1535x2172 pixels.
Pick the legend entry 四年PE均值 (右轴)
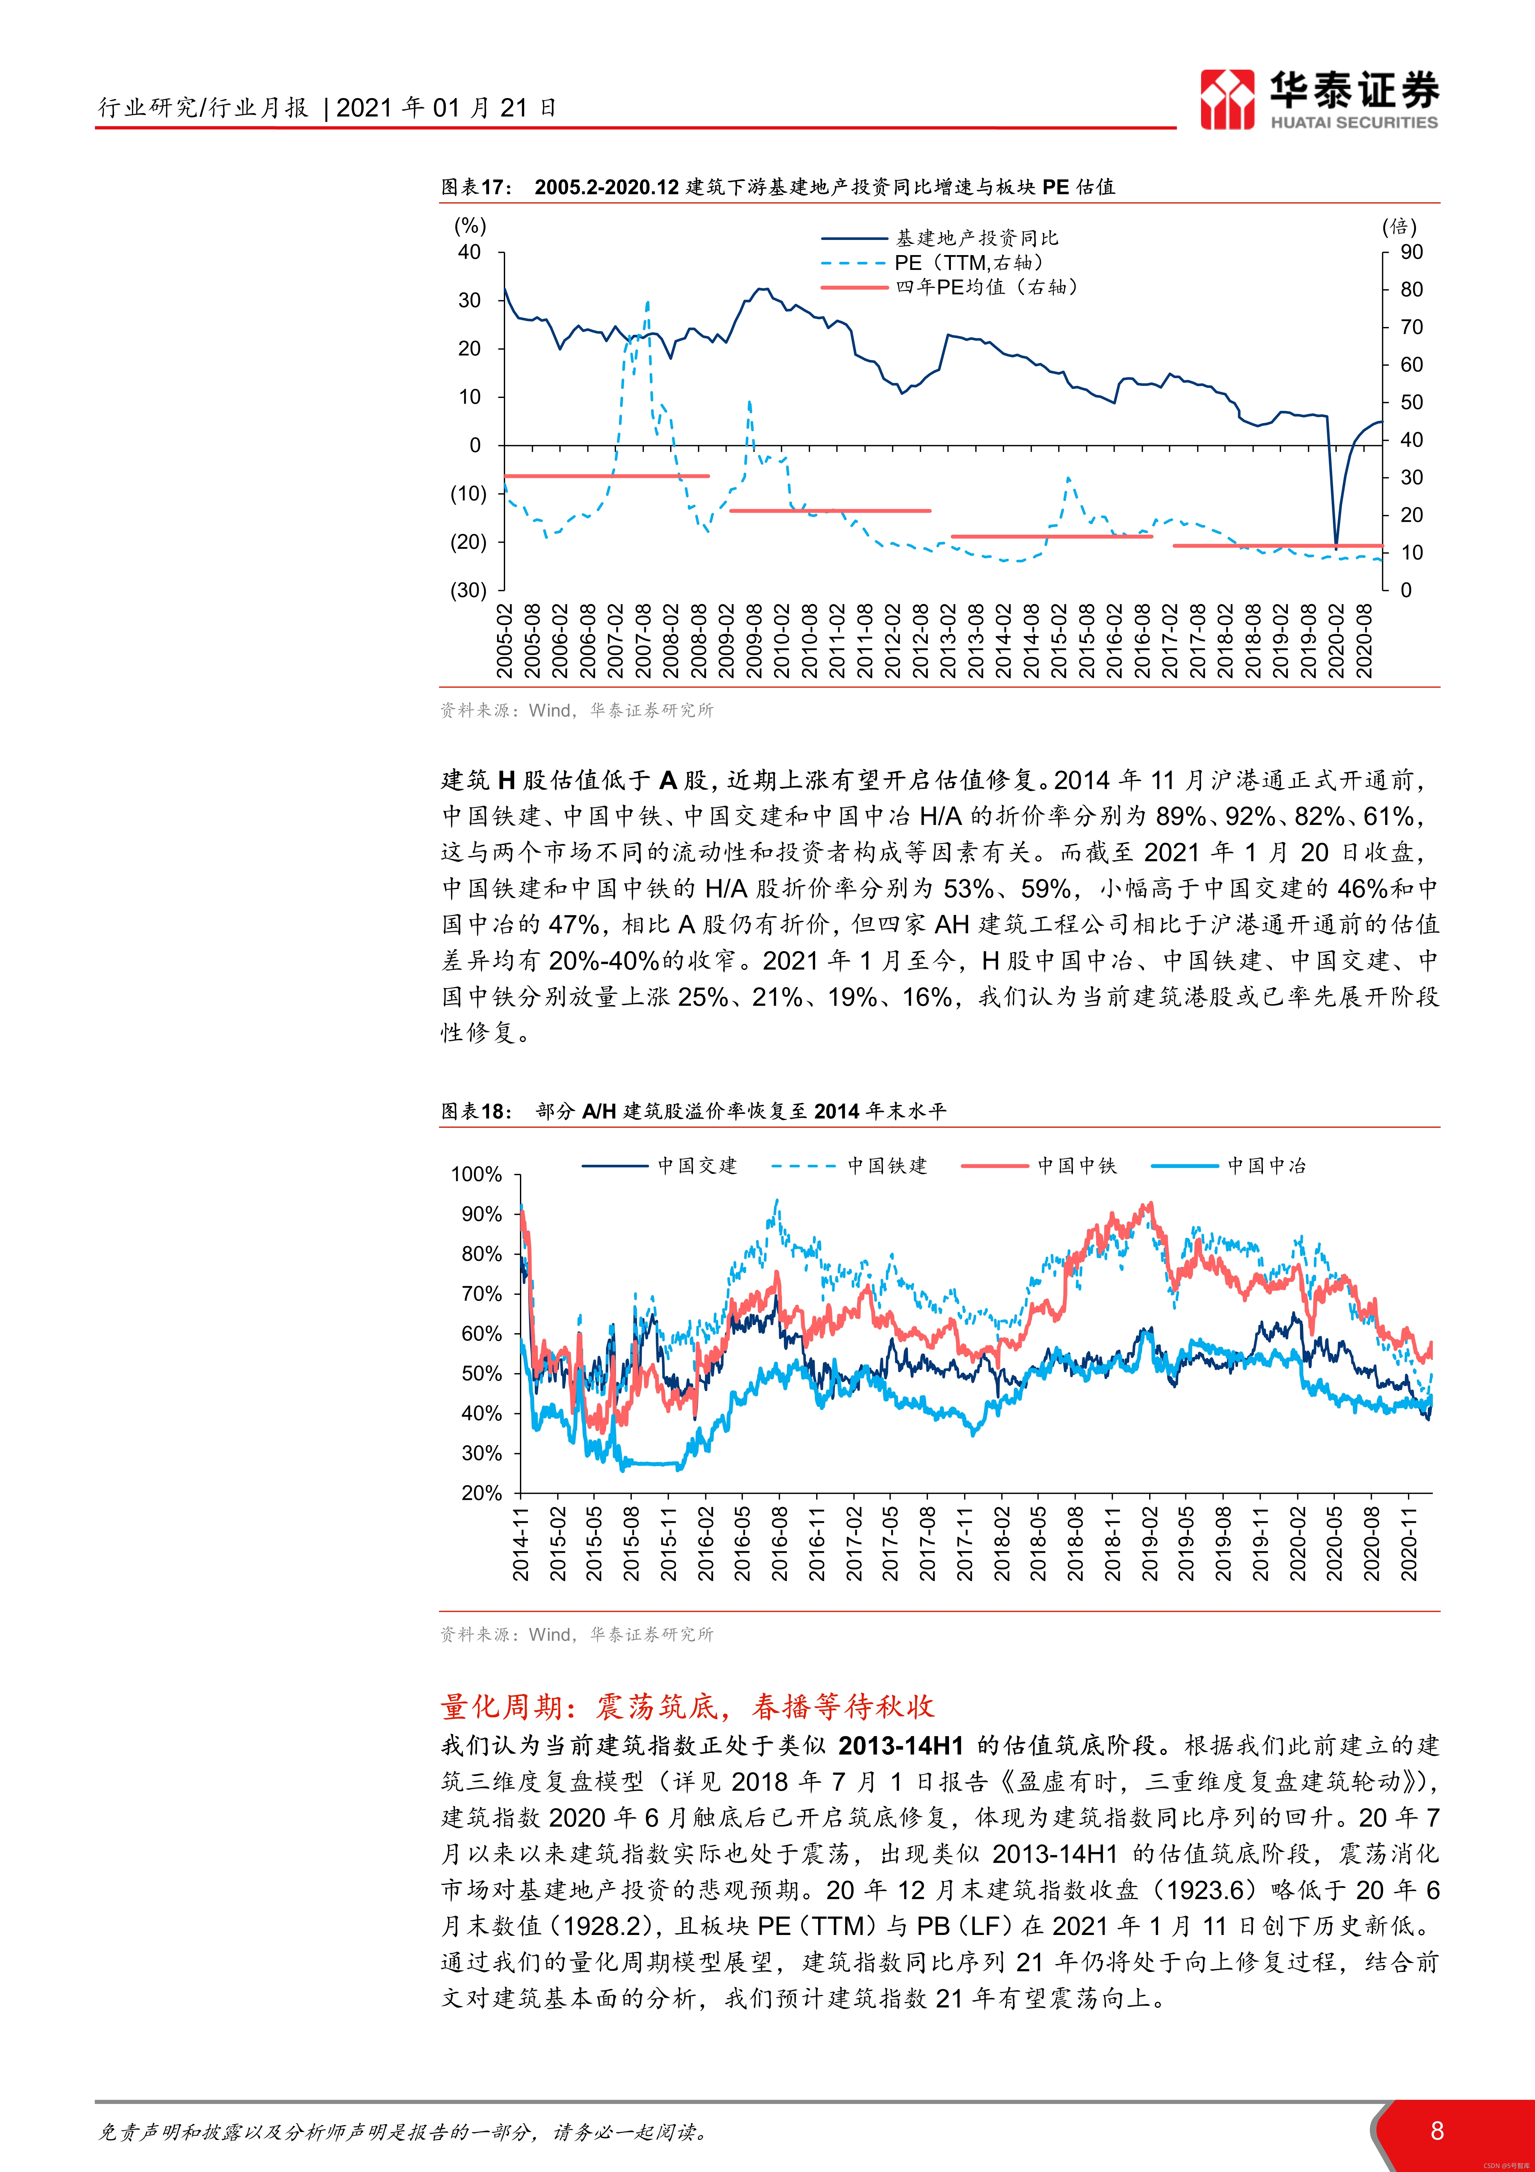pos(986,287)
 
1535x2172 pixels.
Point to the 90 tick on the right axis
pos(1411,253)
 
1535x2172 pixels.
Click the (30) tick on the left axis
pos(468,590)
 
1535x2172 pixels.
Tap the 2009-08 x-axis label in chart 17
pos(754,641)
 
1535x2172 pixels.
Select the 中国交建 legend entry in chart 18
pos(697,1165)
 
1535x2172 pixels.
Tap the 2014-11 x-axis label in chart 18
pos(521,1544)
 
